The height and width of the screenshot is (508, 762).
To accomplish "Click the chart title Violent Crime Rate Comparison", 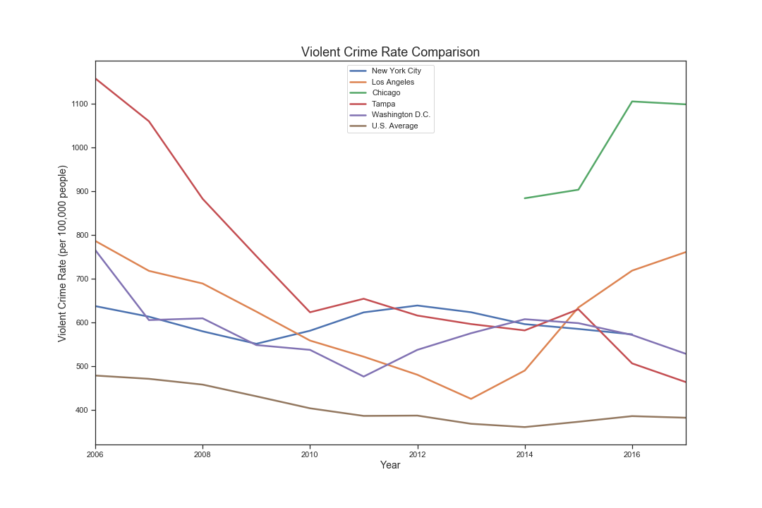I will pos(390,52).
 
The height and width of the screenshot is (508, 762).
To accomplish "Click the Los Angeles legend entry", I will pos(392,82).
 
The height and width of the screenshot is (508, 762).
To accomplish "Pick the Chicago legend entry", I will pos(386,92).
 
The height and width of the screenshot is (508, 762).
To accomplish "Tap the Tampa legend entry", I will pos(383,104).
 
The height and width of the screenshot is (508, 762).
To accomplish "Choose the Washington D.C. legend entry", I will pos(401,114).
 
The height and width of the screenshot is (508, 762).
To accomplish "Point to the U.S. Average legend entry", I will pos(394,126).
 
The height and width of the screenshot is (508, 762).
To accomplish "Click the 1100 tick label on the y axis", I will pos(78,104).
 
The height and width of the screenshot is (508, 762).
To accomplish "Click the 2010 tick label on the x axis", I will pos(310,455).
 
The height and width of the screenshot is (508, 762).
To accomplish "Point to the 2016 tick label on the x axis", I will pos(632,455).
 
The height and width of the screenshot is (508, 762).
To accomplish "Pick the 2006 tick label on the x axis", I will pos(95,455).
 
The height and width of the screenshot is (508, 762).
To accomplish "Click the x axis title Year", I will pos(390,466).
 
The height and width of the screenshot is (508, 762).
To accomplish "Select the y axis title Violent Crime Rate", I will pos(63,253).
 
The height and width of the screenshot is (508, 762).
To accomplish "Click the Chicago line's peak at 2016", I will pos(632,102).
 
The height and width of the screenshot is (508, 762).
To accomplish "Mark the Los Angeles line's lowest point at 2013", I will pos(471,399).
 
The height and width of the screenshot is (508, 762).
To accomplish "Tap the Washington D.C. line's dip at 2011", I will pos(363,376).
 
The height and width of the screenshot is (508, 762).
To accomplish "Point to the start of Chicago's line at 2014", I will pos(525,198).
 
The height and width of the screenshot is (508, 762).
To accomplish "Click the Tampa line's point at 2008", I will pos(203,199).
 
